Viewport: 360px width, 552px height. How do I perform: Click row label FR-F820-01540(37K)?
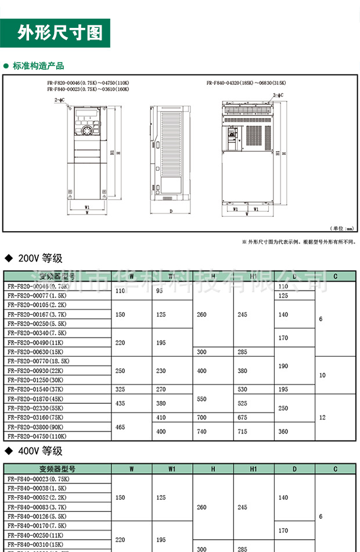click(37, 389)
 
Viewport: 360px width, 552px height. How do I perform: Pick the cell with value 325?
click(120, 389)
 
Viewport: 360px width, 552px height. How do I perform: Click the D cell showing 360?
click(283, 432)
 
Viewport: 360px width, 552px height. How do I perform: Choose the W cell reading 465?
click(120, 427)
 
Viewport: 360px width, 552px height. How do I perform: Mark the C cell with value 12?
click(322, 417)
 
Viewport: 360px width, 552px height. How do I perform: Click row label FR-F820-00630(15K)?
click(37, 352)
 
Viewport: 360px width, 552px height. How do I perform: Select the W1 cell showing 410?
click(161, 417)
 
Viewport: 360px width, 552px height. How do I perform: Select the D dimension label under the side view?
click(171, 211)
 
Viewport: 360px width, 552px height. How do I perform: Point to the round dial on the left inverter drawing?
click(89, 131)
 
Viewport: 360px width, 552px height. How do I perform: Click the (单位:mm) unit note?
click(341, 228)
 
